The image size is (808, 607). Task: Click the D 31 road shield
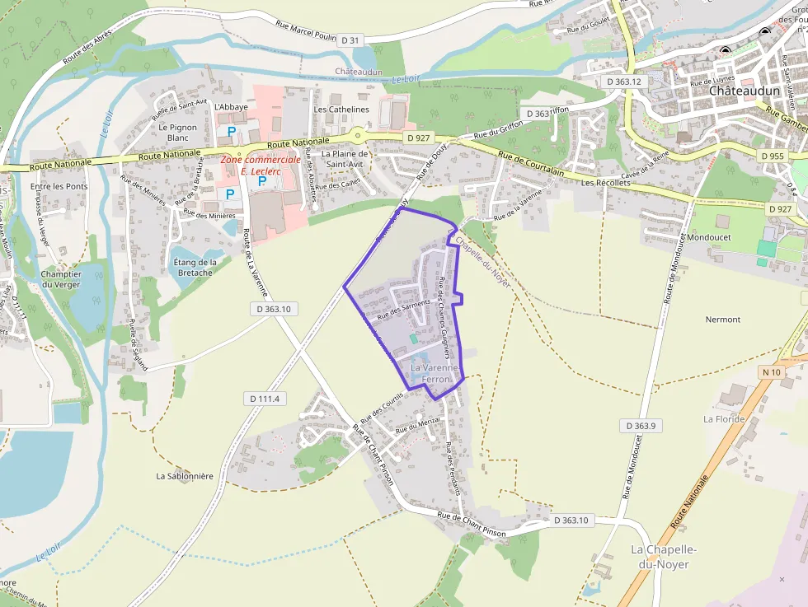point(350,40)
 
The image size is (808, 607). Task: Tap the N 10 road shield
point(771,372)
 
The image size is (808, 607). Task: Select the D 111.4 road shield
point(265,399)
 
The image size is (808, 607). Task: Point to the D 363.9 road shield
point(639,426)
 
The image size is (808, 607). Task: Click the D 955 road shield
point(773,156)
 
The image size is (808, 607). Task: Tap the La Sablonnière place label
point(185,476)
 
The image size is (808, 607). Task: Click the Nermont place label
point(723,320)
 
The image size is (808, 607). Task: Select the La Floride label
point(724,419)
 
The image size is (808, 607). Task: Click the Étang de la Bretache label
point(195,268)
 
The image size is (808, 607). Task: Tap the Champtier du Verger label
point(62,279)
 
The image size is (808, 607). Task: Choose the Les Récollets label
point(605,182)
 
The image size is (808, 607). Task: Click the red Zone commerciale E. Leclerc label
point(261,165)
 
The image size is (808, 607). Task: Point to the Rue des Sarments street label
point(403,309)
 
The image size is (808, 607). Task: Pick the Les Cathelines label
point(341,109)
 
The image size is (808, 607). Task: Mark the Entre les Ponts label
point(59,186)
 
